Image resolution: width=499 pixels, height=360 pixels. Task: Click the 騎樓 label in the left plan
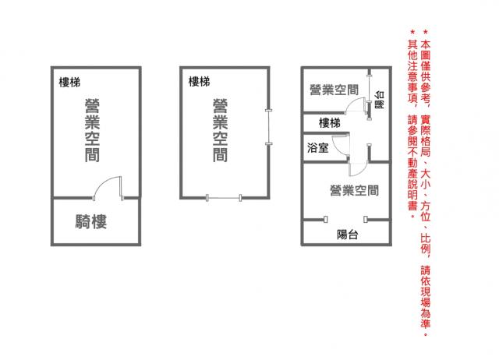coord(91,221)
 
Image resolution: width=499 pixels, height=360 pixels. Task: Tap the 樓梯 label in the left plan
coord(69,83)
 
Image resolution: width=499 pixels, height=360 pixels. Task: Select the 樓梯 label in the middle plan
coord(200,81)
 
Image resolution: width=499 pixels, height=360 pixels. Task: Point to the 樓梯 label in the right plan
coord(330,123)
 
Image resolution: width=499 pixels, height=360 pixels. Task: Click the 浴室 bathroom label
coord(317,147)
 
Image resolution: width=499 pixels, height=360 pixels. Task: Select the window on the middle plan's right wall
coord(269,127)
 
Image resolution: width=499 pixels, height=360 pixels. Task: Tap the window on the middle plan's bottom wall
coord(224,198)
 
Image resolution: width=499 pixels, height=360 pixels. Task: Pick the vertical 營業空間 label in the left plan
coord(92,130)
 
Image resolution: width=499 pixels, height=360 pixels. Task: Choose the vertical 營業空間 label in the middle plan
coord(220,130)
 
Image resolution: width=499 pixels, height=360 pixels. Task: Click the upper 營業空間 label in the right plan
coord(334,90)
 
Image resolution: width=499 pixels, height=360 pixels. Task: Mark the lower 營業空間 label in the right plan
coord(355,190)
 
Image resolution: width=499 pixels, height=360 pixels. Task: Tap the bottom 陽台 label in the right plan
coord(348,235)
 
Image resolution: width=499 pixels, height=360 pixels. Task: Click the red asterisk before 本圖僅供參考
coord(426,32)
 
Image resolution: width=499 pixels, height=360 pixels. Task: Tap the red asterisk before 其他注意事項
coord(412,32)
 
